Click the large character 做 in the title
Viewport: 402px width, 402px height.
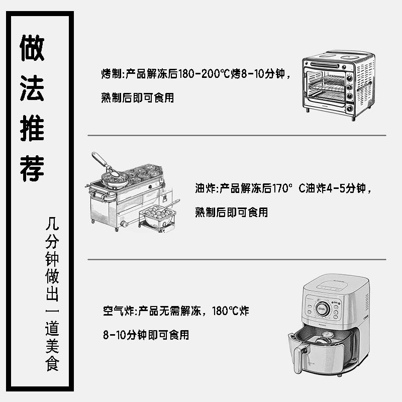[32, 48]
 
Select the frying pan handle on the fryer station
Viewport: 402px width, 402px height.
[100, 161]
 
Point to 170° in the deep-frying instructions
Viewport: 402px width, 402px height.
[282, 189]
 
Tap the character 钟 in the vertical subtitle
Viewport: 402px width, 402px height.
[52, 260]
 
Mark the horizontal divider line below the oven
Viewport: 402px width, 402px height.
[237, 135]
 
